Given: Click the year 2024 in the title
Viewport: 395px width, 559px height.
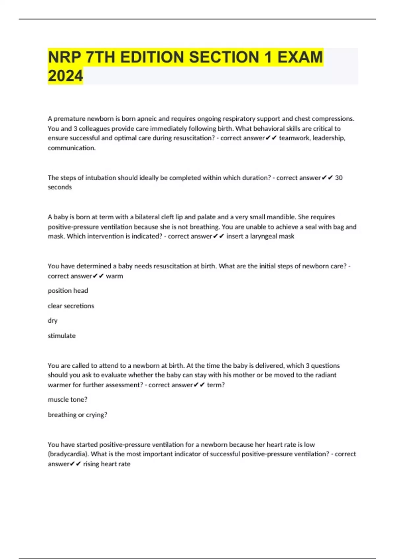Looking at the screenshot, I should pos(66,76).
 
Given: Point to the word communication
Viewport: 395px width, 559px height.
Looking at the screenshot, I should pos(71,148).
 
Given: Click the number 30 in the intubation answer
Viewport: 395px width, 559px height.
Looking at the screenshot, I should pos(339,178).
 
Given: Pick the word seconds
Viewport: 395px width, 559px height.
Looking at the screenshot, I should pos(60,187).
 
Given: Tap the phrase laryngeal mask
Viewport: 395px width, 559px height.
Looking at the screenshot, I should pos(272,236).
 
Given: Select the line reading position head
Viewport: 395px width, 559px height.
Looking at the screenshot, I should pos(68,291).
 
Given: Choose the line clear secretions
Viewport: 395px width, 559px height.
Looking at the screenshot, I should pos(71,306).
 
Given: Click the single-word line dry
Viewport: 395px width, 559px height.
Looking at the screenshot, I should pos(53,321).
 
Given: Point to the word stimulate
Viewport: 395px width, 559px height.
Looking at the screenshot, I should pos(62,336).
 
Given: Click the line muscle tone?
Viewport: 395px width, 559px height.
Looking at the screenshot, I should pos(67,400).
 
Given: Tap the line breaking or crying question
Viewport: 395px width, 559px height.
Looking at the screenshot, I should pos(77,415).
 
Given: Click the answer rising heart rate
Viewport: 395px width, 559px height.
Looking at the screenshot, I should pos(107,464).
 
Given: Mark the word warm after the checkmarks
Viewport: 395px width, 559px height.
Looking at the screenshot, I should pos(115,276).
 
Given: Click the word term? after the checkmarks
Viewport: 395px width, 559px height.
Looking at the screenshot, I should pos(216,385).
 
